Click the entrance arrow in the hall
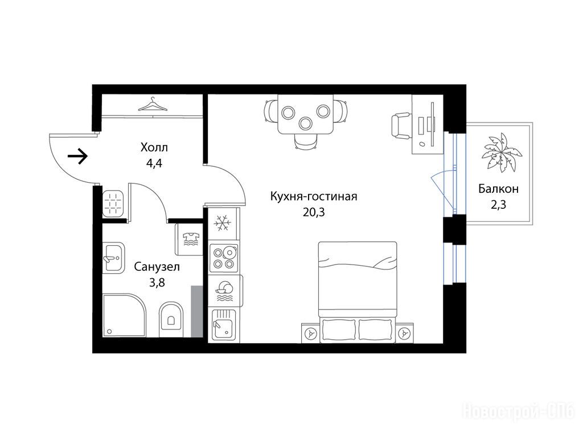click(77, 156)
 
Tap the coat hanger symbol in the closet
click(153, 105)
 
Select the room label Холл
click(154, 147)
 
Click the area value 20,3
click(314, 212)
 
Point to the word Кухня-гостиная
click(314, 196)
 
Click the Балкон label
click(498, 189)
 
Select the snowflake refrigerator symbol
click(223, 223)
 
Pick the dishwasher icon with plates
click(224, 291)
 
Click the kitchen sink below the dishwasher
click(223, 325)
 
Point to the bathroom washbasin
click(113, 258)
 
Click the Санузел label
click(157, 267)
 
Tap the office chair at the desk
click(401, 126)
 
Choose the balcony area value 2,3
click(498, 204)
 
